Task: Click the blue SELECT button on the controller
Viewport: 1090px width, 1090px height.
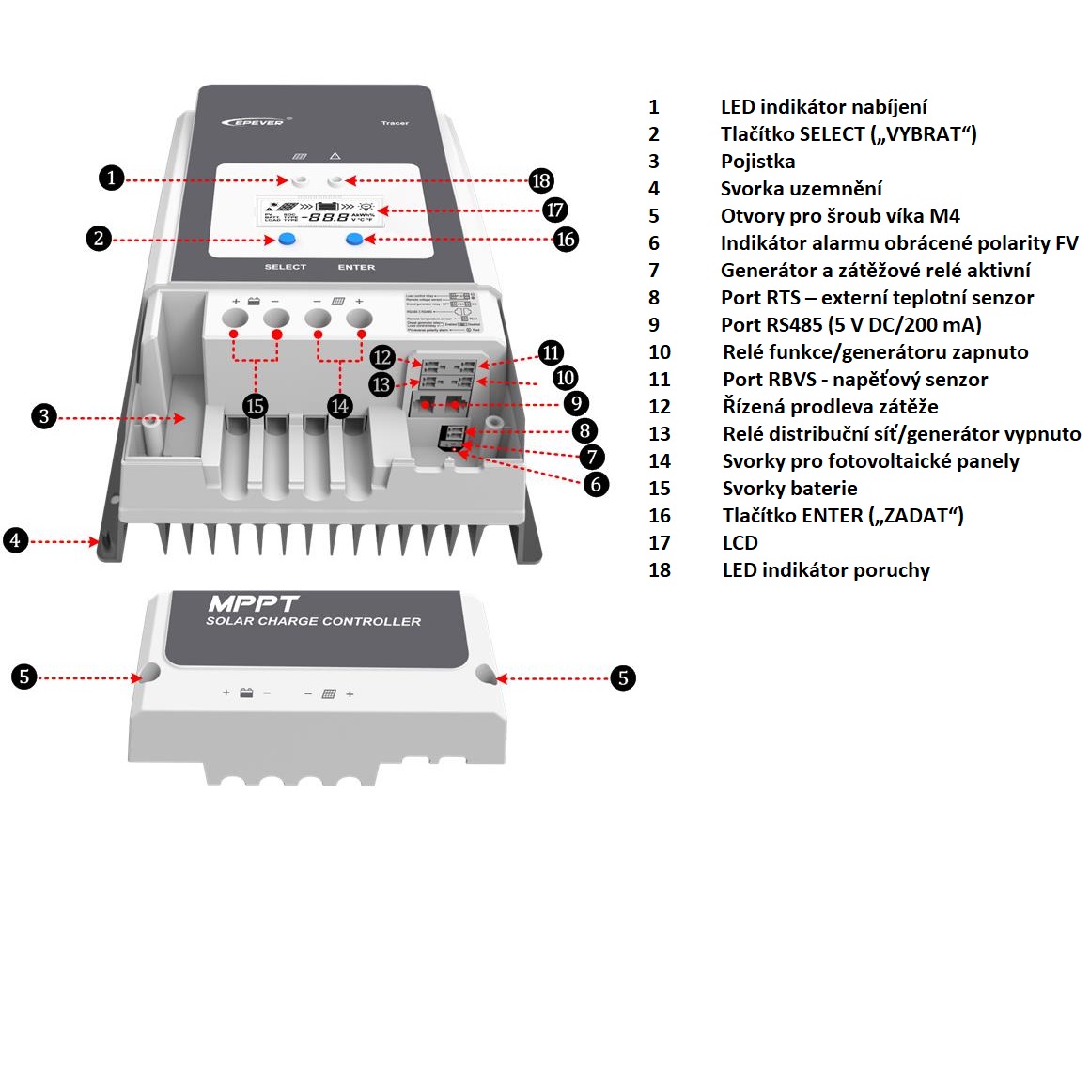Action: (287, 240)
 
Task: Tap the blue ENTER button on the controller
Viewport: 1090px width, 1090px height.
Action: (355, 240)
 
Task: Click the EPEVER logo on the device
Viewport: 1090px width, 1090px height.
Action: (254, 121)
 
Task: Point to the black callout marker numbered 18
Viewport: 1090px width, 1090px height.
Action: (540, 180)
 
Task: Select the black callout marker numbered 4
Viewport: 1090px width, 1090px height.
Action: (15, 540)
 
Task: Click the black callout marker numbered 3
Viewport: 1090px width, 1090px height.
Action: (44, 416)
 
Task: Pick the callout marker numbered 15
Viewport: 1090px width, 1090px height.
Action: (255, 406)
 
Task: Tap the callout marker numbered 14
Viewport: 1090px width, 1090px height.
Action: (339, 406)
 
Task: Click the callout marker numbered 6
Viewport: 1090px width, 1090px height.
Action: (596, 484)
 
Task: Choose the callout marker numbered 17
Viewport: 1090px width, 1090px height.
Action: (554, 210)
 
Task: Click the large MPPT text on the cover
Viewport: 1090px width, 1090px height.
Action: (253, 603)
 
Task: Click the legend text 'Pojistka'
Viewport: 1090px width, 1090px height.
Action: (757, 162)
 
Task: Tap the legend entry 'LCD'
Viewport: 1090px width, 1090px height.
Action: (740, 543)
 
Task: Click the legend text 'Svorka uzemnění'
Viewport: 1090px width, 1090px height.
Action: (801, 189)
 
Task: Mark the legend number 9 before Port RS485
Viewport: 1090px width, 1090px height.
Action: (654, 325)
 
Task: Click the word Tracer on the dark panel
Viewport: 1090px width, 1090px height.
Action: (395, 123)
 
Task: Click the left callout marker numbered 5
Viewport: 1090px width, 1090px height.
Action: (24, 677)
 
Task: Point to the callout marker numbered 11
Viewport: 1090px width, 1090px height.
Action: (551, 353)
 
